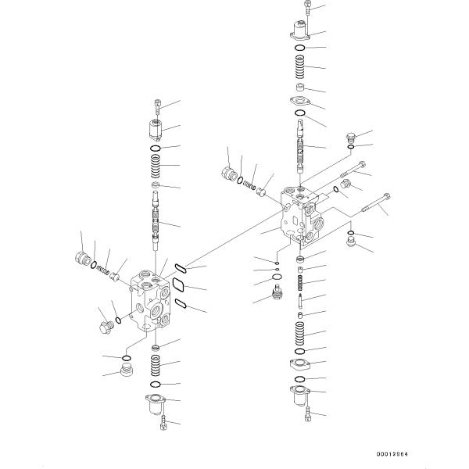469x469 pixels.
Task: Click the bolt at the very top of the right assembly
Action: click(x=310, y=10)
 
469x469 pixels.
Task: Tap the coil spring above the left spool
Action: click(x=156, y=166)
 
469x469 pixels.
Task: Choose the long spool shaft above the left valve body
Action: click(x=156, y=223)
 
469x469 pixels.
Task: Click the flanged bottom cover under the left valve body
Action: click(x=156, y=404)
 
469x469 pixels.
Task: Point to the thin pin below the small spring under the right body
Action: click(x=301, y=299)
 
